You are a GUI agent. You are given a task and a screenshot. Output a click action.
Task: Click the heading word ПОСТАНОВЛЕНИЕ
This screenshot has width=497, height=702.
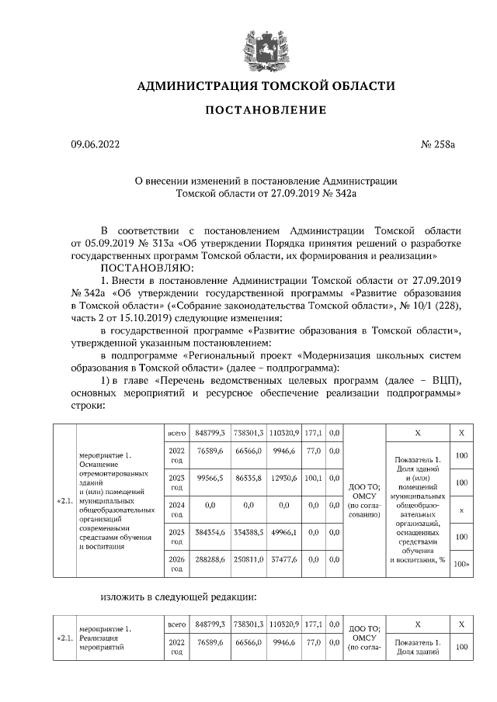coord(266,110)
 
